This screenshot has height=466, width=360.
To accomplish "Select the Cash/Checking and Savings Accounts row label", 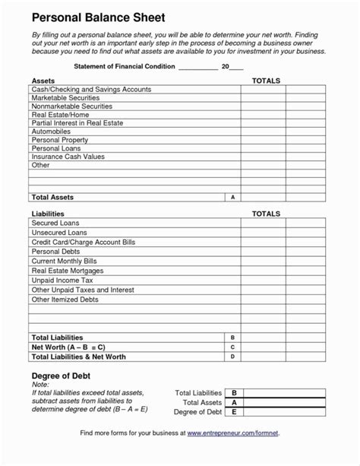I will click(91, 90).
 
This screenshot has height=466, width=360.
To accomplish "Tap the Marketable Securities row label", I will click(67, 100).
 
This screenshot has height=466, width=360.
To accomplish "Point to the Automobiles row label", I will click(52, 131).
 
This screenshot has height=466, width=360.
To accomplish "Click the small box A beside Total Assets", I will click(232, 198).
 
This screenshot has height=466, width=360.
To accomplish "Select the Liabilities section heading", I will click(47, 214).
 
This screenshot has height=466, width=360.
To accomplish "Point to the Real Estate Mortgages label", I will click(68, 270).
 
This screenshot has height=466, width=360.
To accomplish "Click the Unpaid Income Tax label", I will click(63, 280).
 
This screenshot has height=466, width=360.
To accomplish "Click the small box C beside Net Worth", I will click(232, 347).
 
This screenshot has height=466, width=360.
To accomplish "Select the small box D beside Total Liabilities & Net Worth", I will click(232, 357).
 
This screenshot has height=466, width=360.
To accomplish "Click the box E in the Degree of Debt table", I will click(235, 413).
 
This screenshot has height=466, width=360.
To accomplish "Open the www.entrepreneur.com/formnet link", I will click(232, 454).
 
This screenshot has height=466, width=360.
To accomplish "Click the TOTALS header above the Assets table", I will click(266, 80).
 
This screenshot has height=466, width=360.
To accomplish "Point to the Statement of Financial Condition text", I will click(124, 68).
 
